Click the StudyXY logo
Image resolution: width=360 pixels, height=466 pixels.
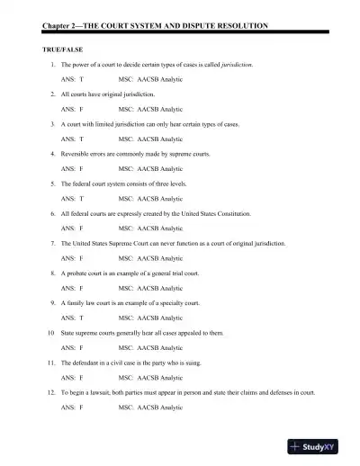pyautogui.click(x=319, y=445)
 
